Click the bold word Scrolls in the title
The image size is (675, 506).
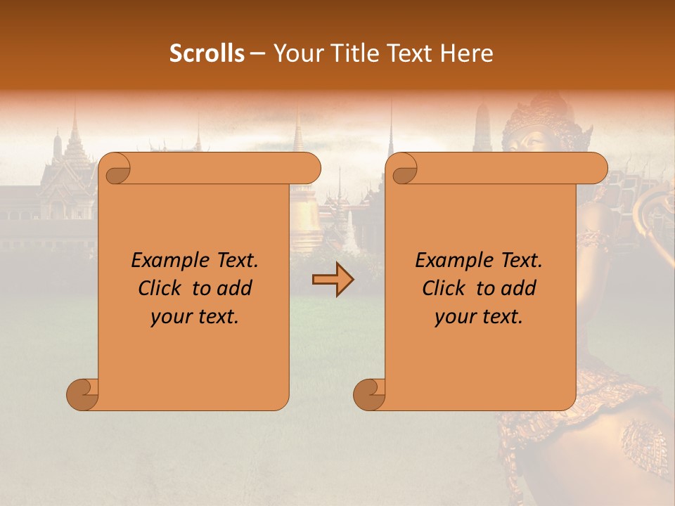(207, 53)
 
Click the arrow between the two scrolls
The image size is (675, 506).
(333, 280)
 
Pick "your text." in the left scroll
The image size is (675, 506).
(195, 317)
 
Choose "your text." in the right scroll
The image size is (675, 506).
(479, 317)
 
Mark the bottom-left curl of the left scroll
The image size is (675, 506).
(83, 394)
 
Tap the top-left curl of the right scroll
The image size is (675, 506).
(403, 170)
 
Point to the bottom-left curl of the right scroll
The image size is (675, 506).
(370, 394)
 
